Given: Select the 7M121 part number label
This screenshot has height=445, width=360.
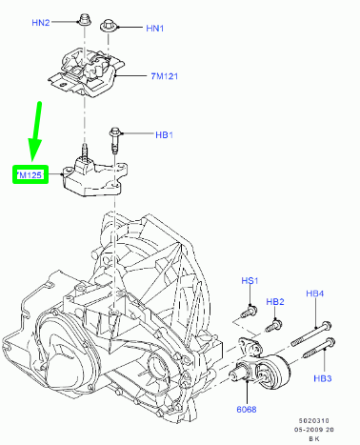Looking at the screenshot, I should point(166,75).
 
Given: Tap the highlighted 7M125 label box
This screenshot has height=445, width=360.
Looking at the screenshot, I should point(29,175).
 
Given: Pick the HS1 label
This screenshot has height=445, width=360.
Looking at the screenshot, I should point(250,281).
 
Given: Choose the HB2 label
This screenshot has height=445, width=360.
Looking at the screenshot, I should point(275,302).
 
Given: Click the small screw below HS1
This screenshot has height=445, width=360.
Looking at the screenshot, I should point(249,311).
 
